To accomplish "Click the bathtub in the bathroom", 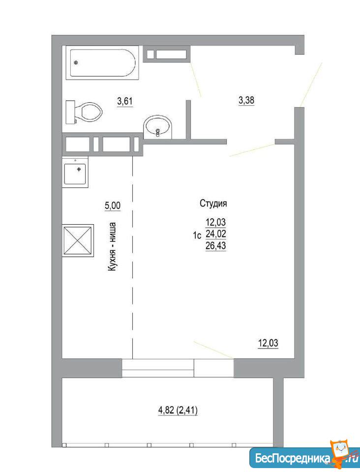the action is [x=102, y=62].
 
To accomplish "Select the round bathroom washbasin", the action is [x=158, y=128].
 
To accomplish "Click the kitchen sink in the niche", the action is [x=75, y=174].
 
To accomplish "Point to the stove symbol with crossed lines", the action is [x=78, y=240].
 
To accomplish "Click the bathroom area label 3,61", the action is [x=124, y=101].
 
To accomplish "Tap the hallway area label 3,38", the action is [x=246, y=100].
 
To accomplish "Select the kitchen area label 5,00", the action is [x=112, y=206].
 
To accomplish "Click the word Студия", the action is [x=213, y=204].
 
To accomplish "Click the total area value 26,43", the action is [x=215, y=246].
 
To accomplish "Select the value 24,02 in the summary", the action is [x=215, y=234].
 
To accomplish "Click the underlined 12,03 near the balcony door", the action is [x=268, y=343].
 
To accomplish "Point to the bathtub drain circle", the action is [x=76, y=62].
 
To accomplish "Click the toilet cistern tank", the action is [x=70, y=112].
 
